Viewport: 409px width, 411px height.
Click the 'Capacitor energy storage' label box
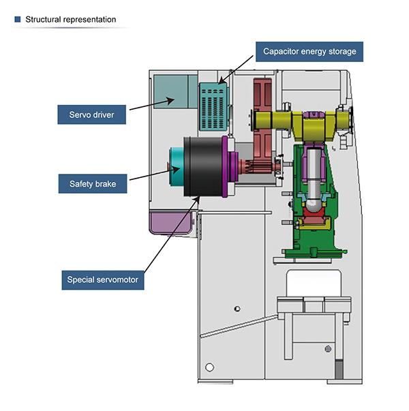point(309,52)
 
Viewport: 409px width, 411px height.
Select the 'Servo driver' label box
point(92,115)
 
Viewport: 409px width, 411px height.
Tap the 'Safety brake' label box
point(93,184)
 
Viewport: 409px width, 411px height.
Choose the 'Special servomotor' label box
point(103,280)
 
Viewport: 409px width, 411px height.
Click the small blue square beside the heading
point(18,19)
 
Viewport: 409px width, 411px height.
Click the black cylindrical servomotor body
point(203,167)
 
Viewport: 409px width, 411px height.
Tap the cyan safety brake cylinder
point(177,167)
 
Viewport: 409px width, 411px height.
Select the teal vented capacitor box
point(214,106)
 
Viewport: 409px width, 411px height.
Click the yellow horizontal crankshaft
point(301,123)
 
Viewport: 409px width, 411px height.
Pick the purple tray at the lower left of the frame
point(170,222)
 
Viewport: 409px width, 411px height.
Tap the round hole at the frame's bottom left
point(209,367)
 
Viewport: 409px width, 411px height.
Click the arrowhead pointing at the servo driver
point(171,100)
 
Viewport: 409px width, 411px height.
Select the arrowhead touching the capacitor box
point(222,80)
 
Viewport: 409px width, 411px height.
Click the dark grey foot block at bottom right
point(339,369)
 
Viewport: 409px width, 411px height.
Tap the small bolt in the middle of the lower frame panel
point(237,309)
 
